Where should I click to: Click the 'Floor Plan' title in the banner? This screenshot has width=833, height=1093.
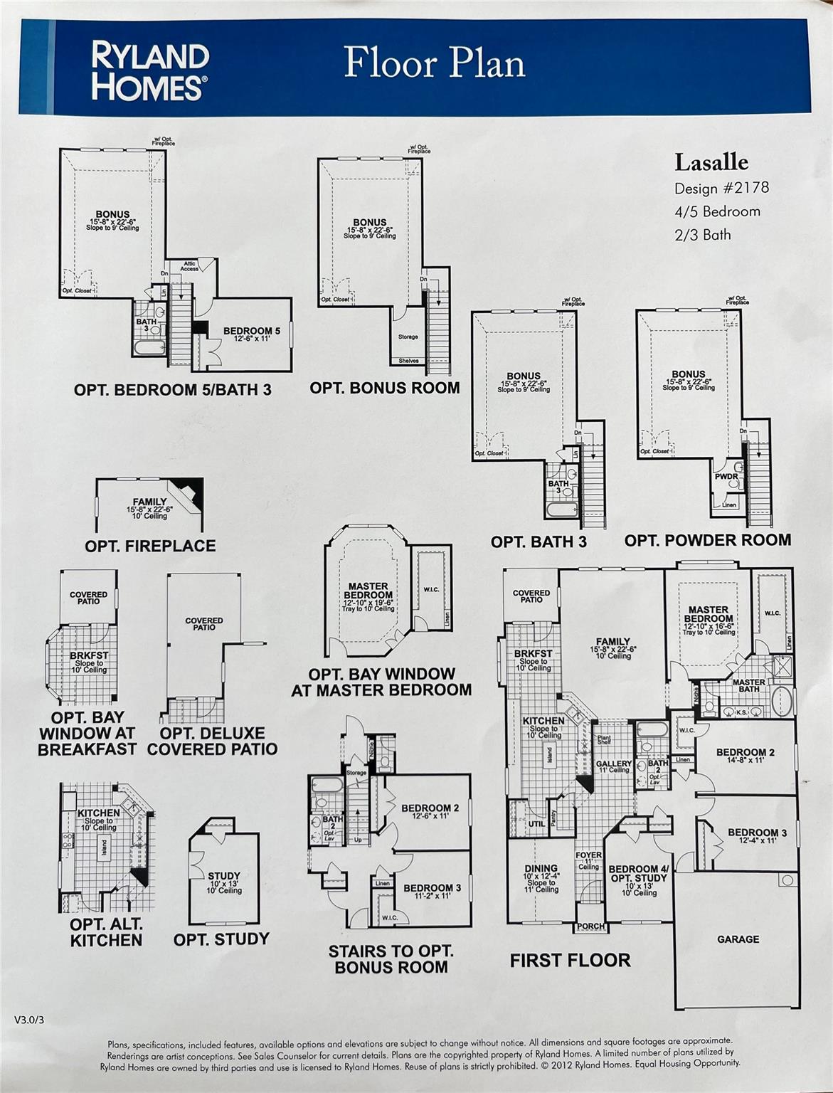click(x=435, y=63)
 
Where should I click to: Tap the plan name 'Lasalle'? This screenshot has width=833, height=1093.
click(x=711, y=162)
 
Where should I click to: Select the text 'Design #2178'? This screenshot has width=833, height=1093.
click(x=721, y=188)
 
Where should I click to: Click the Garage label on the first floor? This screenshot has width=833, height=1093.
click(x=738, y=939)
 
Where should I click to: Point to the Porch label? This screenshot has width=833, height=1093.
click(x=590, y=926)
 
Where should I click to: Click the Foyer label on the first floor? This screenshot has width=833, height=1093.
click(x=588, y=855)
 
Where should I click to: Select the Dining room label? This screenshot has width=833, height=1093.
click(x=541, y=868)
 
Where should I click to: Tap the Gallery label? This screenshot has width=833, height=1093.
click(x=613, y=764)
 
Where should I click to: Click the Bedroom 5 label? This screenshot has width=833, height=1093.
click(x=252, y=331)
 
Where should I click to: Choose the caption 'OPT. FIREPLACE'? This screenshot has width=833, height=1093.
click(x=150, y=546)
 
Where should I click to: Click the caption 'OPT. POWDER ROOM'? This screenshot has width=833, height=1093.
click(x=707, y=540)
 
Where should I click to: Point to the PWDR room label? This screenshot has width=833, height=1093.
click(x=726, y=477)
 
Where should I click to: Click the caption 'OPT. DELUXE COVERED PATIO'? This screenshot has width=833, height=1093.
click(x=212, y=741)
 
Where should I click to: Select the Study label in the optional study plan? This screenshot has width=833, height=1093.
click(x=223, y=876)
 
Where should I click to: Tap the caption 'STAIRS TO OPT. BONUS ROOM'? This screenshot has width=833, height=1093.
click(x=391, y=959)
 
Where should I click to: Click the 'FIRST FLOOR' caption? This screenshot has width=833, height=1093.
click(x=570, y=960)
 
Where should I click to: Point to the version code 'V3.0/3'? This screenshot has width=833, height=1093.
click(x=33, y=1020)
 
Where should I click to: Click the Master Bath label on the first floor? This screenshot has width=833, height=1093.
click(x=748, y=686)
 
